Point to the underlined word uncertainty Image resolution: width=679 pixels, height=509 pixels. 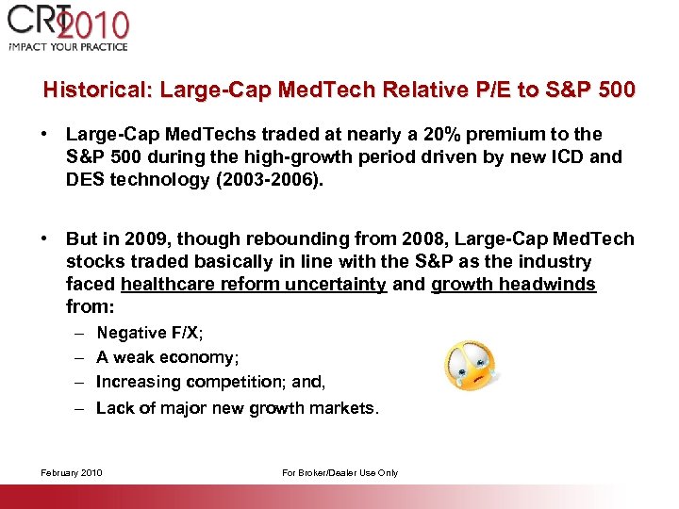pos(336,285)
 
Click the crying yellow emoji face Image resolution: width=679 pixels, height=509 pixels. pos(469,366)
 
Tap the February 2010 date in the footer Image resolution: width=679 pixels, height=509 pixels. pos(71,473)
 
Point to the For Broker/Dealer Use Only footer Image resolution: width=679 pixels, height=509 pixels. pos(339,473)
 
